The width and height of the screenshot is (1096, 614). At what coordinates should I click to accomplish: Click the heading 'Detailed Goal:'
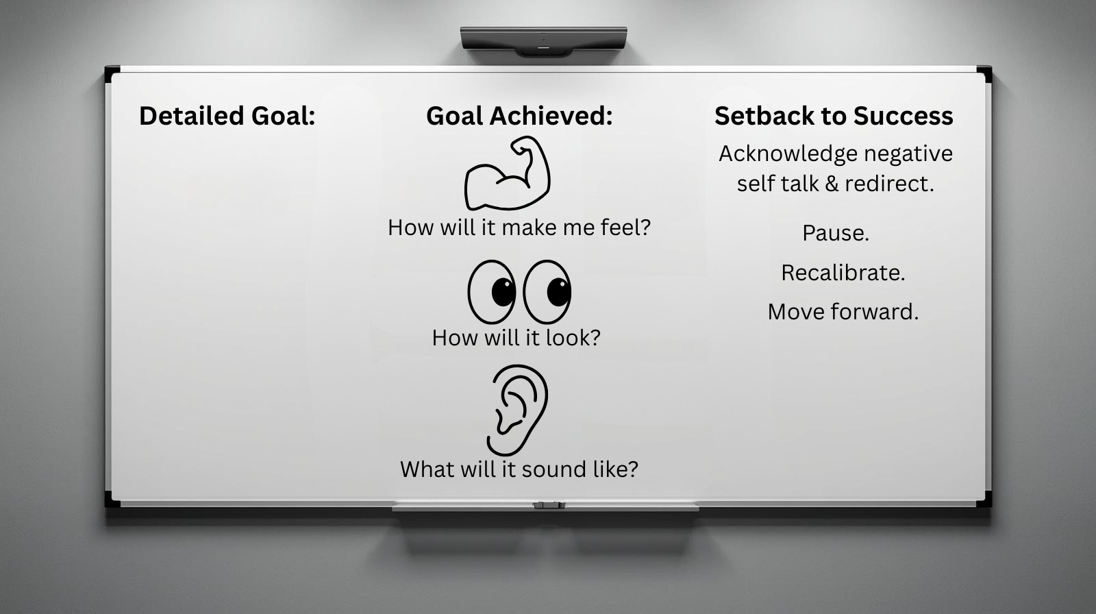click(x=227, y=116)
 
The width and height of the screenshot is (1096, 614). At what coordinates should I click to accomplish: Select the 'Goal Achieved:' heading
click(x=520, y=116)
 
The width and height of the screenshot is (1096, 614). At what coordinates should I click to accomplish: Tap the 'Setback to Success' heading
click(x=834, y=116)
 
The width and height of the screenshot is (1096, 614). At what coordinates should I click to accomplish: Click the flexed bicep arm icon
click(x=507, y=173)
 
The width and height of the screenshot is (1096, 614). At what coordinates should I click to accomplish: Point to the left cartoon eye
click(x=492, y=292)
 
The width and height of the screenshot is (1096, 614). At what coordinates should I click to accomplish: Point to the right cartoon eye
click(x=547, y=292)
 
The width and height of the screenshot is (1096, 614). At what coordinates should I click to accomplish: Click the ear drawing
click(x=518, y=410)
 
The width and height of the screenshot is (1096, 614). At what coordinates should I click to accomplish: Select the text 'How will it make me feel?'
click(x=519, y=228)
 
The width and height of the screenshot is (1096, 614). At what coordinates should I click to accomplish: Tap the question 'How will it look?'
click(x=516, y=338)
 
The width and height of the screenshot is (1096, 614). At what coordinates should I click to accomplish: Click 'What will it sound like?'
click(x=519, y=469)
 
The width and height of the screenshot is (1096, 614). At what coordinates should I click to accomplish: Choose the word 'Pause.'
click(x=836, y=233)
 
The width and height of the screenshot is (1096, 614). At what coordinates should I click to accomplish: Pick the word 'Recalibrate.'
click(x=843, y=273)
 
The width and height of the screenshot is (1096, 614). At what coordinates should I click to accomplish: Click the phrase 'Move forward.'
click(x=843, y=312)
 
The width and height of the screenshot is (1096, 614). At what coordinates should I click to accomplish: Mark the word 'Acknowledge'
click(x=788, y=154)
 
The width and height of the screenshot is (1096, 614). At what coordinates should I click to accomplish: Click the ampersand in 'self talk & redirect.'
click(x=832, y=184)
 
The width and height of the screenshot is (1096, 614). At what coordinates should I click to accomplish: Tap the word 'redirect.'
click(x=890, y=184)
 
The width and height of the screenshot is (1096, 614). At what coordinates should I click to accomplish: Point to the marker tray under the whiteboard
click(x=545, y=506)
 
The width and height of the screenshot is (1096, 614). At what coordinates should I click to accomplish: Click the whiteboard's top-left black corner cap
click(x=112, y=74)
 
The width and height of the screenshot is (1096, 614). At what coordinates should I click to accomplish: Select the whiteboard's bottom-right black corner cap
click(x=984, y=499)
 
